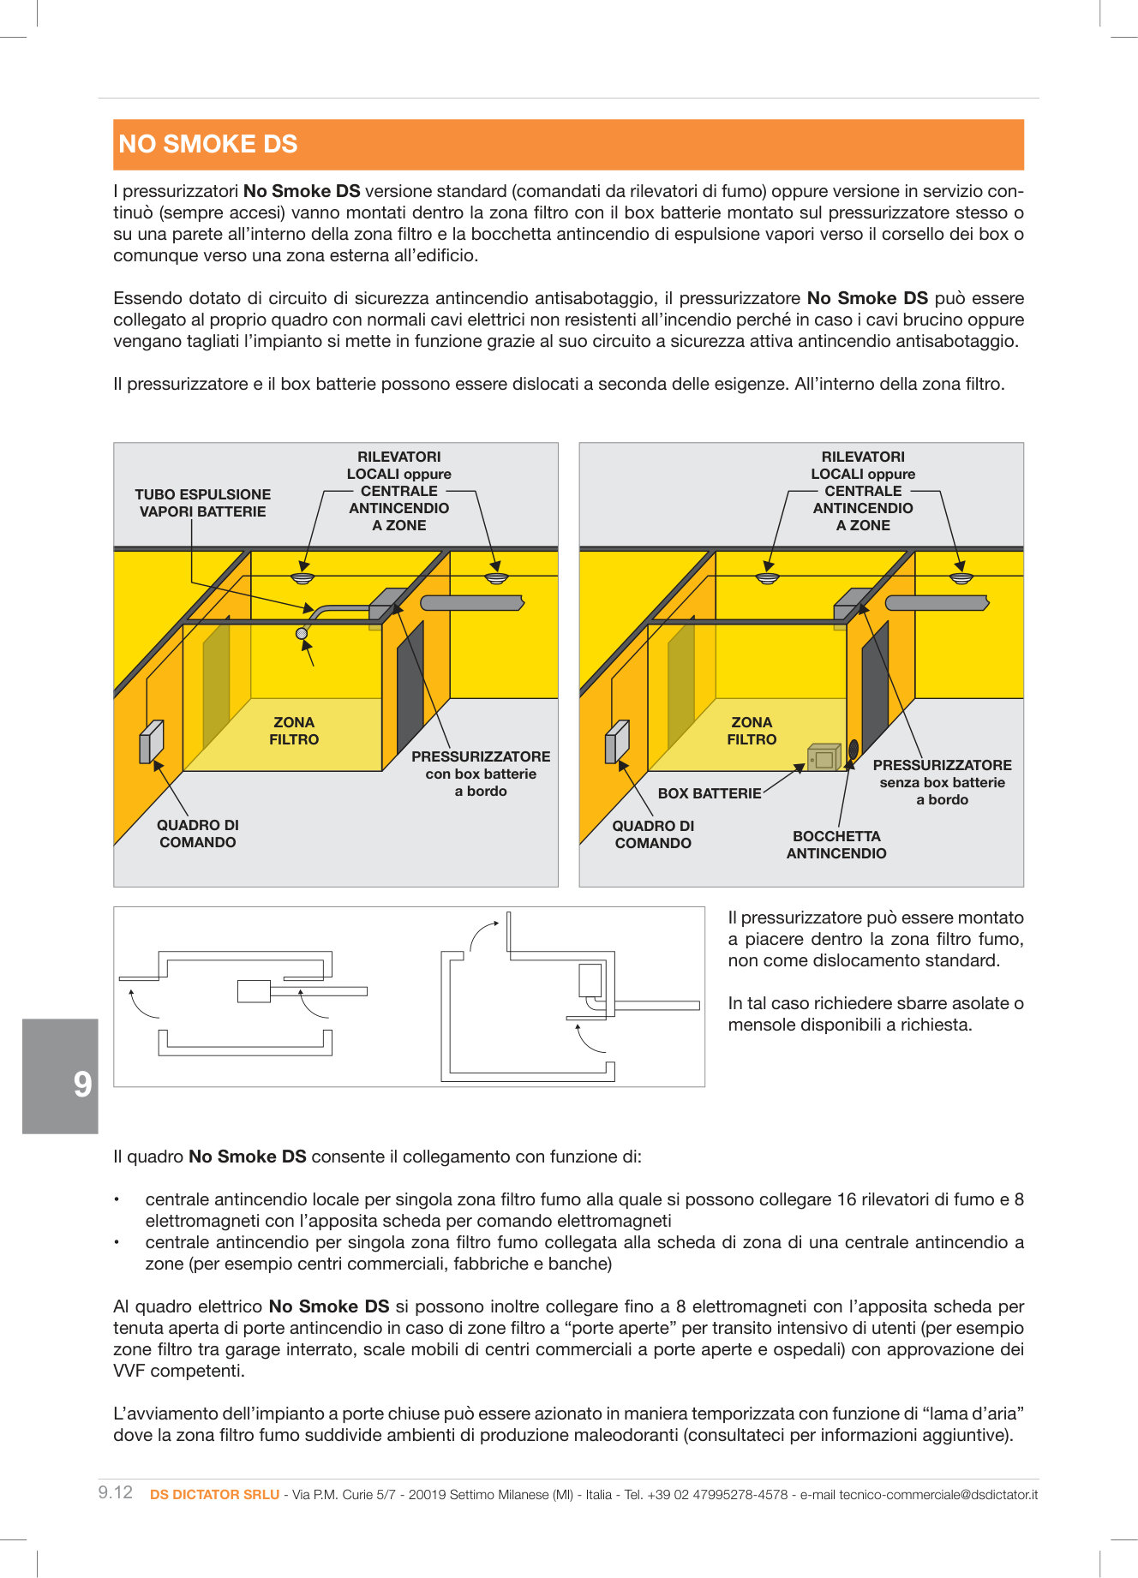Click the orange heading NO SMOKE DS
pyautogui.click(x=208, y=144)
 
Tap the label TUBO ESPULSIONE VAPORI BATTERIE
pyautogui.click(x=202, y=503)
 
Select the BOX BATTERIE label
pyautogui.click(x=709, y=793)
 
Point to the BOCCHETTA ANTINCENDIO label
pyautogui.click(x=836, y=845)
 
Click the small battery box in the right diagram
pyautogui.click(x=824, y=757)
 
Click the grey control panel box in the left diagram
pyautogui.click(x=151, y=741)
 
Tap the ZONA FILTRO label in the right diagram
pyautogui.click(x=752, y=731)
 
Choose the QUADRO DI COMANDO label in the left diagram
pyautogui.click(x=197, y=834)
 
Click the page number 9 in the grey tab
pyautogui.click(x=82, y=1085)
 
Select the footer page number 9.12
pyautogui.click(x=116, y=1492)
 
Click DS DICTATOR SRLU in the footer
pyautogui.click(x=214, y=1494)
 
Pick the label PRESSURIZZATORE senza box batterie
pyautogui.click(x=942, y=782)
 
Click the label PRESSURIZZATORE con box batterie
pyautogui.click(x=481, y=774)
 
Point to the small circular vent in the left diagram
pyautogui.click(x=302, y=633)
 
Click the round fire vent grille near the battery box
pyautogui.click(x=853, y=750)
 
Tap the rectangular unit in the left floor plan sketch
pyautogui.click(x=254, y=991)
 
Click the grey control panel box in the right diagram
pyautogui.click(x=617, y=741)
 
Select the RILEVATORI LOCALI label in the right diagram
pyautogui.click(x=863, y=491)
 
